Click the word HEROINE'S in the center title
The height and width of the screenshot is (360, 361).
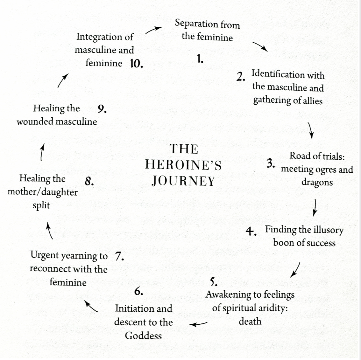click(x=183, y=165)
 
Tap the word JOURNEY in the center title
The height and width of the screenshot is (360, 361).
click(x=183, y=181)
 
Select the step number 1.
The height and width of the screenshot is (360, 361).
click(x=200, y=59)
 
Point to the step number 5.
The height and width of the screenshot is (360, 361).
click(x=214, y=282)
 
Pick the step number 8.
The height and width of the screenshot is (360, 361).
click(x=89, y=182)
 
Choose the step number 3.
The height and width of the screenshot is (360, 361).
click(x=271, y=164)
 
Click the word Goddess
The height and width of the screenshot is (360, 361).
click(x=143, y=336)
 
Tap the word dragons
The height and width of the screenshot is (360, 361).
click(x=317, y=183)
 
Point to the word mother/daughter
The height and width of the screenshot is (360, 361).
click(x=43, y=192)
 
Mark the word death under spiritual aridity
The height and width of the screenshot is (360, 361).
click(x=250, y=321)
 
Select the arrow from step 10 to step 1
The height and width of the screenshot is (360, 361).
click(x=153, y=30)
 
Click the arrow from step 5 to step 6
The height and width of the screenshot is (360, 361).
click(x=198, y=324)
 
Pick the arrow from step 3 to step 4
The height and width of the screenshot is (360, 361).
click(x=315, y=207)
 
